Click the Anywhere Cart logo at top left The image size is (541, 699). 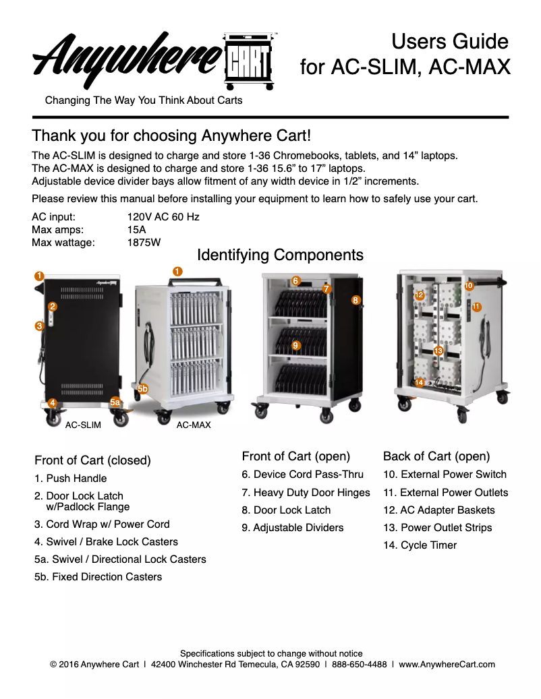pos(155,59)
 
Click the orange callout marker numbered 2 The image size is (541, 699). pos(52,306)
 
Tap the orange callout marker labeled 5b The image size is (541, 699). pos(142,389)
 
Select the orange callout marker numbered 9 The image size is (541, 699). pos(295,345)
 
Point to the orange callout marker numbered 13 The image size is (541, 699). pos(438,351)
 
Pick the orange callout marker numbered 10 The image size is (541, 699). pos(469,286)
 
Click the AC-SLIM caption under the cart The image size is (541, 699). pos(83,425)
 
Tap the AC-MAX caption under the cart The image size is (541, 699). pos(194,425)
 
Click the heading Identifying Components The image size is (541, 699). pos(280,255)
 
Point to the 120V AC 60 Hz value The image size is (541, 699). pos(163,217)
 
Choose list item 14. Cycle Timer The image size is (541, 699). pos(420,545)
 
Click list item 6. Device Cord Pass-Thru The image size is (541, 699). pos(302,475)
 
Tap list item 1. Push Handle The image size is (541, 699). pos(71,479)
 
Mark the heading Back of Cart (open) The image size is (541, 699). pos(436,456)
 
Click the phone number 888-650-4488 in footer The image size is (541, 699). pos(359,664)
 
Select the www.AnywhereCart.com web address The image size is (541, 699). pos(447,664)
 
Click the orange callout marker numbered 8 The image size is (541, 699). pos(356,300)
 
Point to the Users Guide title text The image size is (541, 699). pos(450,41)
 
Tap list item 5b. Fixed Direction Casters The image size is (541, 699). pos(98,577)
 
